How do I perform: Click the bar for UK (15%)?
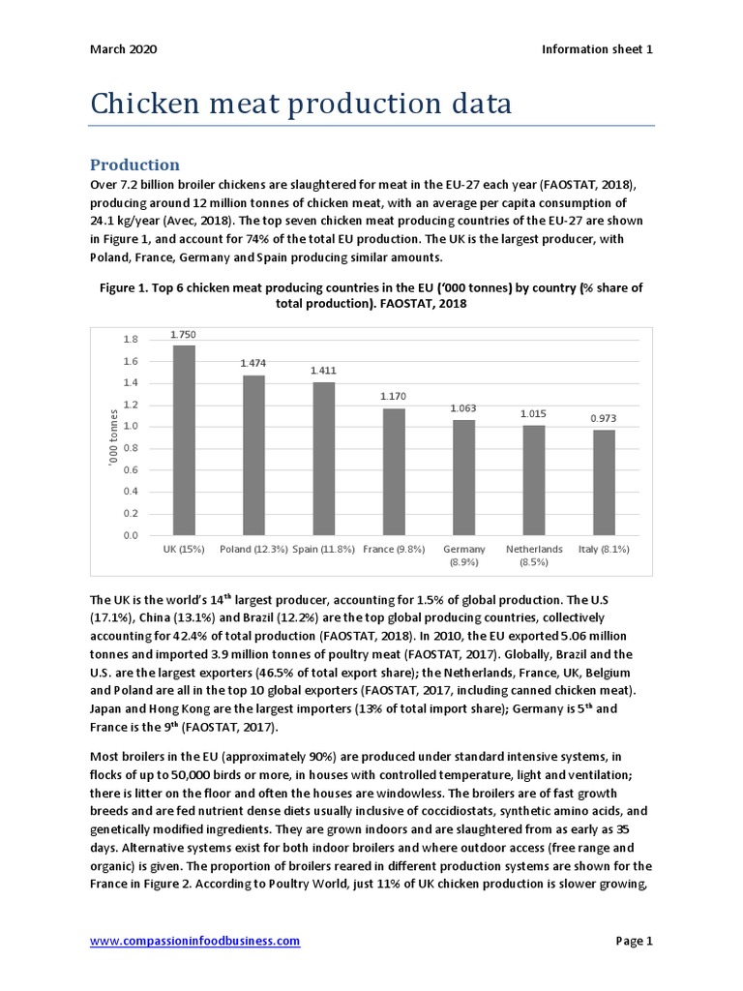pyautogui.click(x=184, y=440)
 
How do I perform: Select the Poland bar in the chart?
pyautogui.click(x=253, y=455)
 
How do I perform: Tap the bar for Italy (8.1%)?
pyautogui.click(x=603, y=482)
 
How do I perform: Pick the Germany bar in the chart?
pyautogui.click(x=463, y=477)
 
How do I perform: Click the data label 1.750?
pyautogui.click(x=184, y=334)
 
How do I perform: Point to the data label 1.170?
pyautogui.click(x=394, y=397)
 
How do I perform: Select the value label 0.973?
pyautogui.click(x=603, y=418)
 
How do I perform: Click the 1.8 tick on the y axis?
pyautogui.click(x=131, y=340)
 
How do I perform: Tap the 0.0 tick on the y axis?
pyautogui.click(x=131, y=535)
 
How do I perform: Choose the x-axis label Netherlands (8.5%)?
pyautogui.click(x=534, y=555)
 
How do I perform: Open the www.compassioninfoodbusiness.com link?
pyautogui.click(x=194, y=941)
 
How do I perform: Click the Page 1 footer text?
pyautogui.click(x=635, y=941)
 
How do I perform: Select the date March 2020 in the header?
pyautogui.click(x=123, y=49)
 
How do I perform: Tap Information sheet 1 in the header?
pyautogui.click(x=597, y=49)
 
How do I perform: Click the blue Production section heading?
pyautogui.click(x=134, y=165)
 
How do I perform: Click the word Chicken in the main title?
pyautogui.click(x=145, y=104)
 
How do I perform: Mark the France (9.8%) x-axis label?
pyautogui.click(x=394, y=549)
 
